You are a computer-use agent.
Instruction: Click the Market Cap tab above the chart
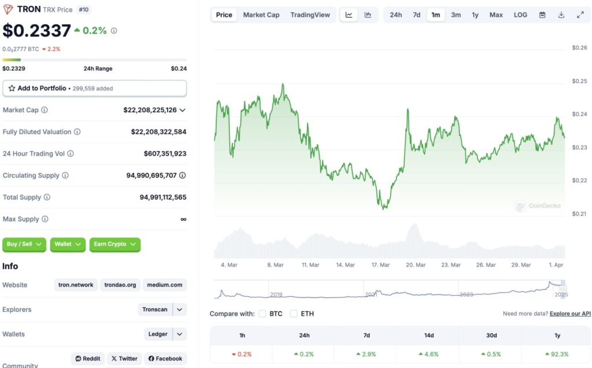pos(261,15)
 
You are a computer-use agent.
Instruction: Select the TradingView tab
pos(310,15)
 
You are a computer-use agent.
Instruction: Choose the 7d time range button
pos(416,15)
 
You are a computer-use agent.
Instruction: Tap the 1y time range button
pos(475,15)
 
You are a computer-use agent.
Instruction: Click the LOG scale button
pos(520,15)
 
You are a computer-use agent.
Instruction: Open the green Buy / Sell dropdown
pos(24,244)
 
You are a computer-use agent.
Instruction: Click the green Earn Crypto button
pos(114,244)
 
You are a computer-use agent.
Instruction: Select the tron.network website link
pos(76,285)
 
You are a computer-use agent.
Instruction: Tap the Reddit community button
pos(88,359)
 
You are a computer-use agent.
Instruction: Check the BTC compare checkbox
pos(262,314)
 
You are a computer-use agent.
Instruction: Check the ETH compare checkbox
pos(294,314)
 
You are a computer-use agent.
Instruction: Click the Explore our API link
pos(570,314)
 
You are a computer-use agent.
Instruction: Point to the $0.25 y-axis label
pos(579,82)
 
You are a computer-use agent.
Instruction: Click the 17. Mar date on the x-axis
pos(380,265)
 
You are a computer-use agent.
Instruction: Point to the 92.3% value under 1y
pos(556,354)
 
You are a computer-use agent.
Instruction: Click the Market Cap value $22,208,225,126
pos(150,110)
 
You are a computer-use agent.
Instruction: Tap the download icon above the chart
pos(561,15)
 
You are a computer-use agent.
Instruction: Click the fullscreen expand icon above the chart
pos(580,15)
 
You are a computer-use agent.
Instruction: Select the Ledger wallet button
pos(158,334)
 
